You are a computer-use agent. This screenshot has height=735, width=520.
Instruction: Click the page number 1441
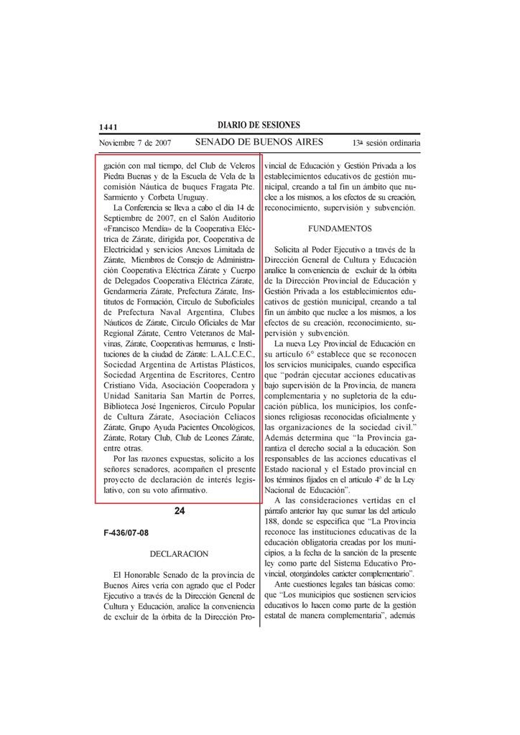108,127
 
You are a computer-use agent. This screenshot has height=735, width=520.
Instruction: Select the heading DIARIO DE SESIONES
259,126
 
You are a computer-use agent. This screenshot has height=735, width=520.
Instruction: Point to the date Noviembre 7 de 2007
134,144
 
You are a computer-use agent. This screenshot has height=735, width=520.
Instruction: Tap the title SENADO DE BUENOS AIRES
259,142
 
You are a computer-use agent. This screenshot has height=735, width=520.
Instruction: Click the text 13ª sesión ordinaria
386,144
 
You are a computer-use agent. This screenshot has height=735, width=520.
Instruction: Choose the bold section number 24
180,511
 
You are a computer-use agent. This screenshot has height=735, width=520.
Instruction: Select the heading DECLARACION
179,554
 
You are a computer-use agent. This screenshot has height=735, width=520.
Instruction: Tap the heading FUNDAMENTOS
340,228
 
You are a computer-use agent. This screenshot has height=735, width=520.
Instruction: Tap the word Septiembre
128,218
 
